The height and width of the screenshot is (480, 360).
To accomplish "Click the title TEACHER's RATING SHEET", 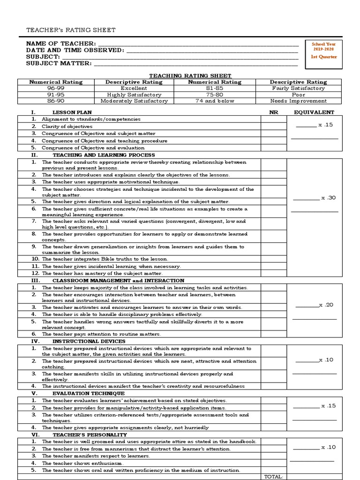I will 70,30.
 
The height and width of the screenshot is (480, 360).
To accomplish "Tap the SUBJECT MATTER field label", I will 59,63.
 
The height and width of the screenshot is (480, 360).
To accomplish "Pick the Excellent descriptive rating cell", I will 134,88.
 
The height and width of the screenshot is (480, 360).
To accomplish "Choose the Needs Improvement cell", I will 298,101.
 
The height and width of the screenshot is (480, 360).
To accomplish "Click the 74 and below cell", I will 214,101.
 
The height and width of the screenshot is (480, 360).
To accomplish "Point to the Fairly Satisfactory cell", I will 298,88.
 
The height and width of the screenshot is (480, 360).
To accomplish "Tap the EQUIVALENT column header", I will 314,112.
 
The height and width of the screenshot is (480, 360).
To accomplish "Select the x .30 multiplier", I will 328,198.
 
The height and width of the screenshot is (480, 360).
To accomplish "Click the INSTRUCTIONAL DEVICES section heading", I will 82,341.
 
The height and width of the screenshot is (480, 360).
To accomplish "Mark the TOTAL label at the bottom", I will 274,476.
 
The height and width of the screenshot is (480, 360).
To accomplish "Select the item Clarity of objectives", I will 67,127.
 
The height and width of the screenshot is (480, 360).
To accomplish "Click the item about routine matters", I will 101,334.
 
